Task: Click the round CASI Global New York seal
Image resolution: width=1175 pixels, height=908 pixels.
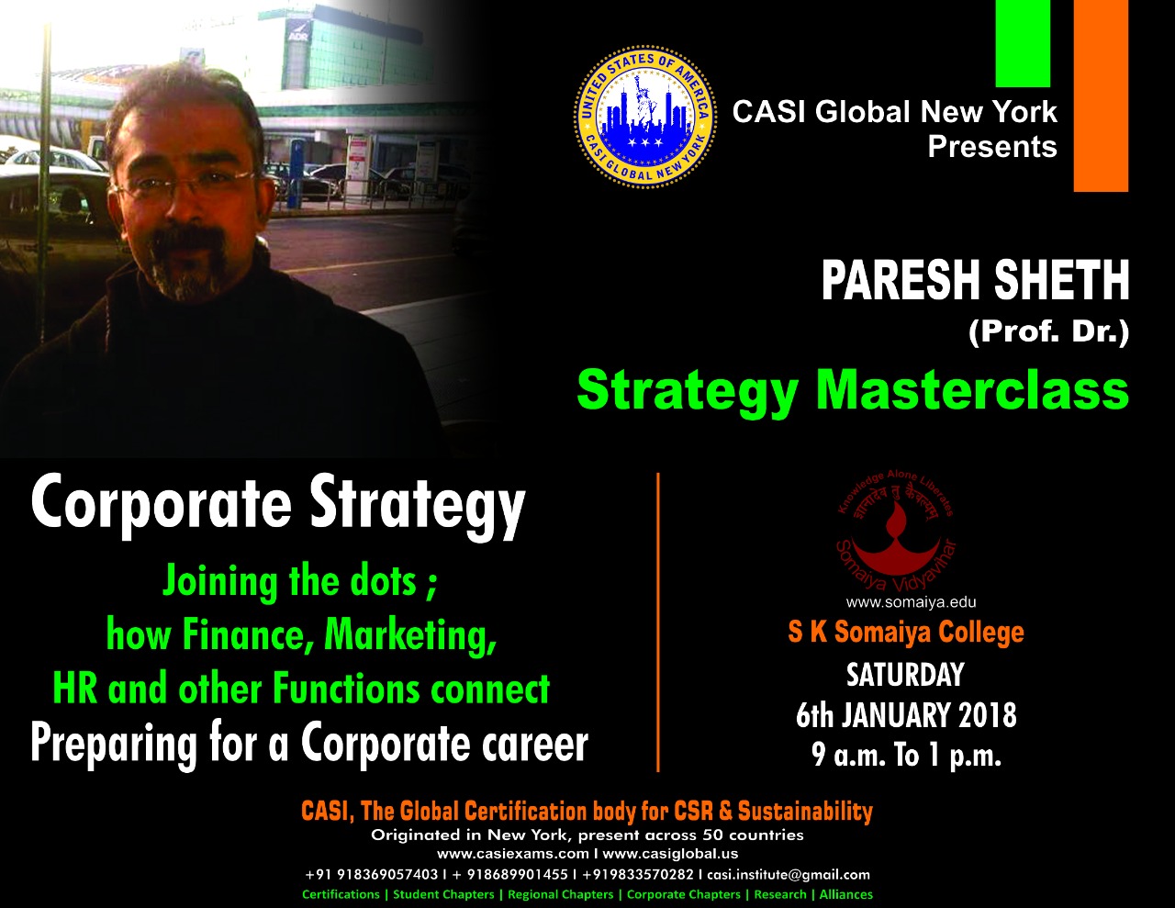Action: (645, 117)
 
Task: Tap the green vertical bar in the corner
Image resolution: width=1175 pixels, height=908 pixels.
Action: (1023, 43)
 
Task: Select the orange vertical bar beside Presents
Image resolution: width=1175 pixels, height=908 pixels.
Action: (1101, 95)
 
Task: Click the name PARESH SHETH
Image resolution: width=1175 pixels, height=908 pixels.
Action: (975, 280)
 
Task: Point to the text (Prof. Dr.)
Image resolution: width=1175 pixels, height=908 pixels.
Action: (1048, 332)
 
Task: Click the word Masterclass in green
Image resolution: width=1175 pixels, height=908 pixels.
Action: (972, 390)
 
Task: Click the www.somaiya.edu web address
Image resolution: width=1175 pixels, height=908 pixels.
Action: (912, 602)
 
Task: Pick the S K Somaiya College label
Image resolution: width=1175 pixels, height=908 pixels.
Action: (906, 632)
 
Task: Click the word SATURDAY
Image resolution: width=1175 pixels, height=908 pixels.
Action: (905, 675)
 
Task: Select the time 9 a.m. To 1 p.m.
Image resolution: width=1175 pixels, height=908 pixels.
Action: (906, 755)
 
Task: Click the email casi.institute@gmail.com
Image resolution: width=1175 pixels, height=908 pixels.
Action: (789, 874)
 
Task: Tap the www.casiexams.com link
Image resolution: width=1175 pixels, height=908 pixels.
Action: (512, 854)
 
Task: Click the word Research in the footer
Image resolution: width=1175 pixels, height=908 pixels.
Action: (779, 894)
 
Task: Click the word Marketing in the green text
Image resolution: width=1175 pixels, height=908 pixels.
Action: (410, 635)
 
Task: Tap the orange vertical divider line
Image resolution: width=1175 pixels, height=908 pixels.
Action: (657, 622)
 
